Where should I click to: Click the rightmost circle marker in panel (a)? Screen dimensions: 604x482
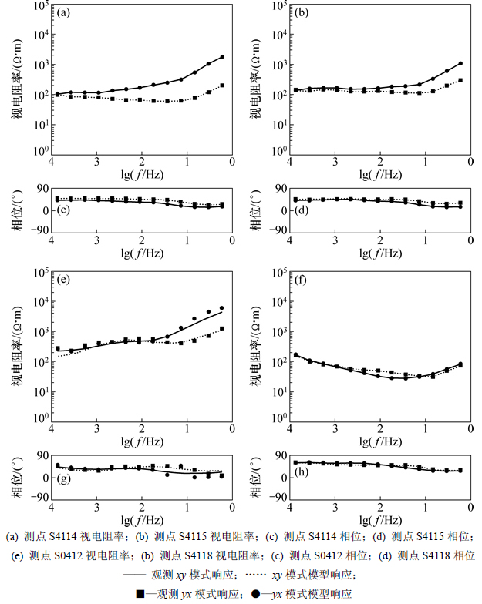point(222,57)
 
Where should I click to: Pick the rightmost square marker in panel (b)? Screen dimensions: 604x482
point(460,80)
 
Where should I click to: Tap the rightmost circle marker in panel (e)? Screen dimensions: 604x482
point(222,308)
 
